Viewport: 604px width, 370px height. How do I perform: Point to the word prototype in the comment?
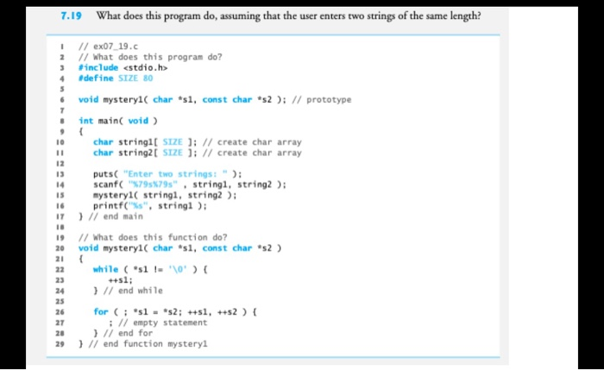pos(331,99)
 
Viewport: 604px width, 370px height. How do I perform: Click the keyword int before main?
pos(85,121)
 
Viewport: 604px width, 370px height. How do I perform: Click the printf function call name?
pos(109,205)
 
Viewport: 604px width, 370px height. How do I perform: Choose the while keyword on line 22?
pos(106,269)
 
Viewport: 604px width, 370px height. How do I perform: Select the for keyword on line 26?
pos(100,311)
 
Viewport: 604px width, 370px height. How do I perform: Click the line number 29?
pos(64,344)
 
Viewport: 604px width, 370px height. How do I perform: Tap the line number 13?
pos(64,174)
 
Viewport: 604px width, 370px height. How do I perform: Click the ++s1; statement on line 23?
pos(120,279)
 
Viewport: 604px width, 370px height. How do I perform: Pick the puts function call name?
pos(104,174)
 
